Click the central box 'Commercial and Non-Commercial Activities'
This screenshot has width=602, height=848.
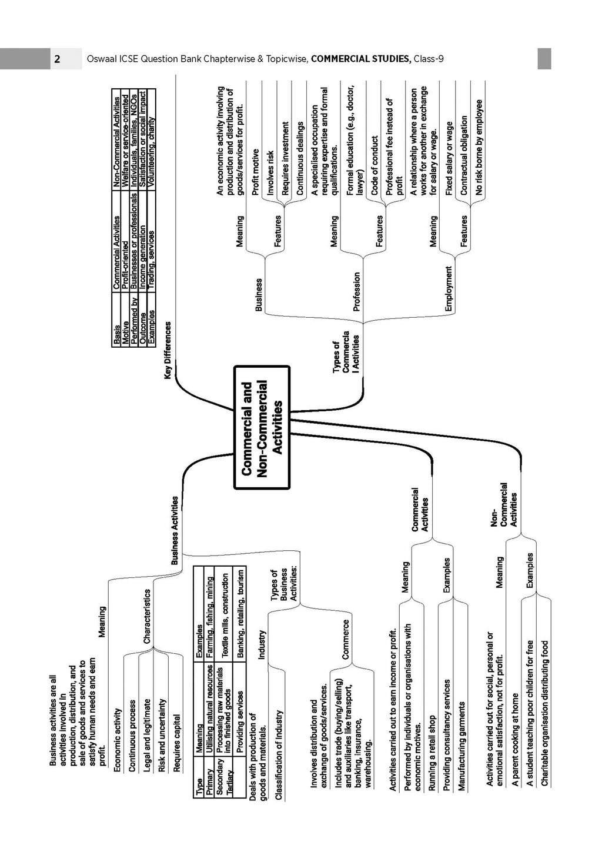(262, 427)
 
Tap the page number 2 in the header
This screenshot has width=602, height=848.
(57, 59)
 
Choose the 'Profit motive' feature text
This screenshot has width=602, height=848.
(256, 177)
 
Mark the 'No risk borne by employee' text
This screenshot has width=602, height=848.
(479, 147)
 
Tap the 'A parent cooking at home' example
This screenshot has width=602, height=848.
(515, 746)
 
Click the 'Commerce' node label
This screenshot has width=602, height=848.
(345, 639)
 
